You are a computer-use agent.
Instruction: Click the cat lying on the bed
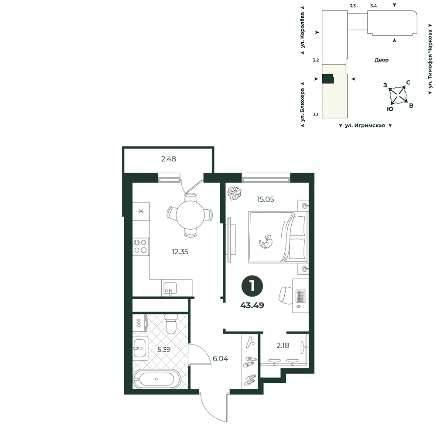pyautogui.click(x=266, y=241)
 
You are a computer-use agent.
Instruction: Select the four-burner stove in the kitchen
pyautogui.click(x=141, y=246)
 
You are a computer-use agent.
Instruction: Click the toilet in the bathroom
pyautogui.click(x=171, y=324)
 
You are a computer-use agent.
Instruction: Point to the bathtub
pyautogui.click(x=157, y=379)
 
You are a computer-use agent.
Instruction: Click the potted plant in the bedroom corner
pyautogui.click(x=234, y=193)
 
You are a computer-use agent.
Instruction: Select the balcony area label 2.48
pyautogui.click(x=168, y=159)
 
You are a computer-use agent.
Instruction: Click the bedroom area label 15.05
pyautogui.click(x=266, y=199)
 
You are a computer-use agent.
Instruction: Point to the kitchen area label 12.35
pyautogui.click(x=180, y=252)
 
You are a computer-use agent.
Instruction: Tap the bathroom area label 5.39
pyautogui.click(x=164, y=350)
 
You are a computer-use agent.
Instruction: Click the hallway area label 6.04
pyautogui.click(x=220, y=359)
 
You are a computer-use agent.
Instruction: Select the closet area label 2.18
pyautogui.click(x=283, y=345)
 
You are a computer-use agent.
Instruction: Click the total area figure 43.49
pyautogui.click(x=252, y=305)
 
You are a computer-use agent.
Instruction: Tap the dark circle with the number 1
pyautogui.click(x=252, y=286)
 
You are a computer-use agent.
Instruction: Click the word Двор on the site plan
pyautogui.click(x=381, y=60)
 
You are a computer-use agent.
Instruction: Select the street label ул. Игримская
pyautogui.click(x=365, y=126)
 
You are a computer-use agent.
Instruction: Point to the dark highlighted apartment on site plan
pyautogui.click(x=328, y=78)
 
